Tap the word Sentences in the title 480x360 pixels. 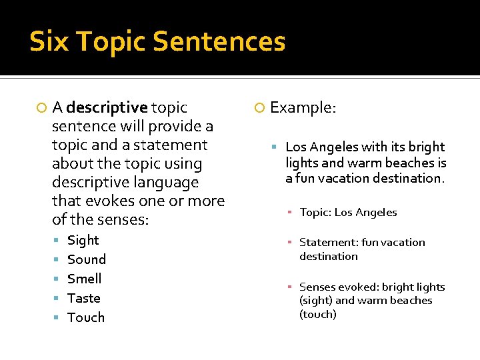click(219, 41)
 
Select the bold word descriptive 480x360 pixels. click(107, 107)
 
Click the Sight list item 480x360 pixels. click(83, 240)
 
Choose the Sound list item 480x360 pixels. click(87, 259)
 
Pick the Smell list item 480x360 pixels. click(85, 279)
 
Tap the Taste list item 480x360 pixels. click(84, 298)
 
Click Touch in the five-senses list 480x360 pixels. click(86, 317)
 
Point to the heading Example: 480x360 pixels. click(303, 107)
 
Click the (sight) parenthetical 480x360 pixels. click(316, 301)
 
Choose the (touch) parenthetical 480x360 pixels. click(318, 314)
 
